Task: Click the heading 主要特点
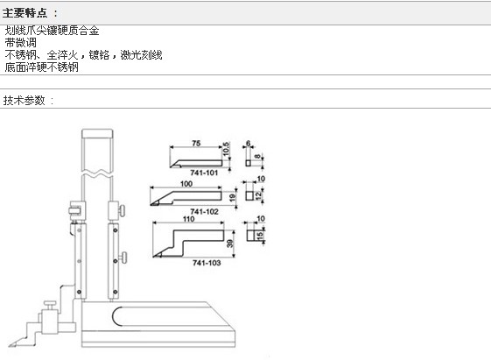coord(25,13)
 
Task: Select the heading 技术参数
coord(25,100)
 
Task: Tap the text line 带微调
coord(21,43)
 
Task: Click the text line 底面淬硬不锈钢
coord(42,67)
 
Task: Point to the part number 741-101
coord(204,173)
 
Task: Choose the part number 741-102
coord(204,212)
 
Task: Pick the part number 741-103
coord(207,263)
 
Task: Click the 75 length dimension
coord(196,143)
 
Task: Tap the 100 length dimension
coord(186,184)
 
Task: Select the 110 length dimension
coord(189,219)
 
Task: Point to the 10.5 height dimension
coord(226,149)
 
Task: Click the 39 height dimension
coord(230,244)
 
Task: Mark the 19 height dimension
coord(232,197)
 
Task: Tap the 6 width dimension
coord(248,143)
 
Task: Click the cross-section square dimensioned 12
coord(249,195)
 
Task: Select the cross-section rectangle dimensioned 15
coord(251,236)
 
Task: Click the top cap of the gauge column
coord(97,133)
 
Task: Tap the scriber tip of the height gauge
coord(11,346)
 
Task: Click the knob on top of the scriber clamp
coord(50,303)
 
